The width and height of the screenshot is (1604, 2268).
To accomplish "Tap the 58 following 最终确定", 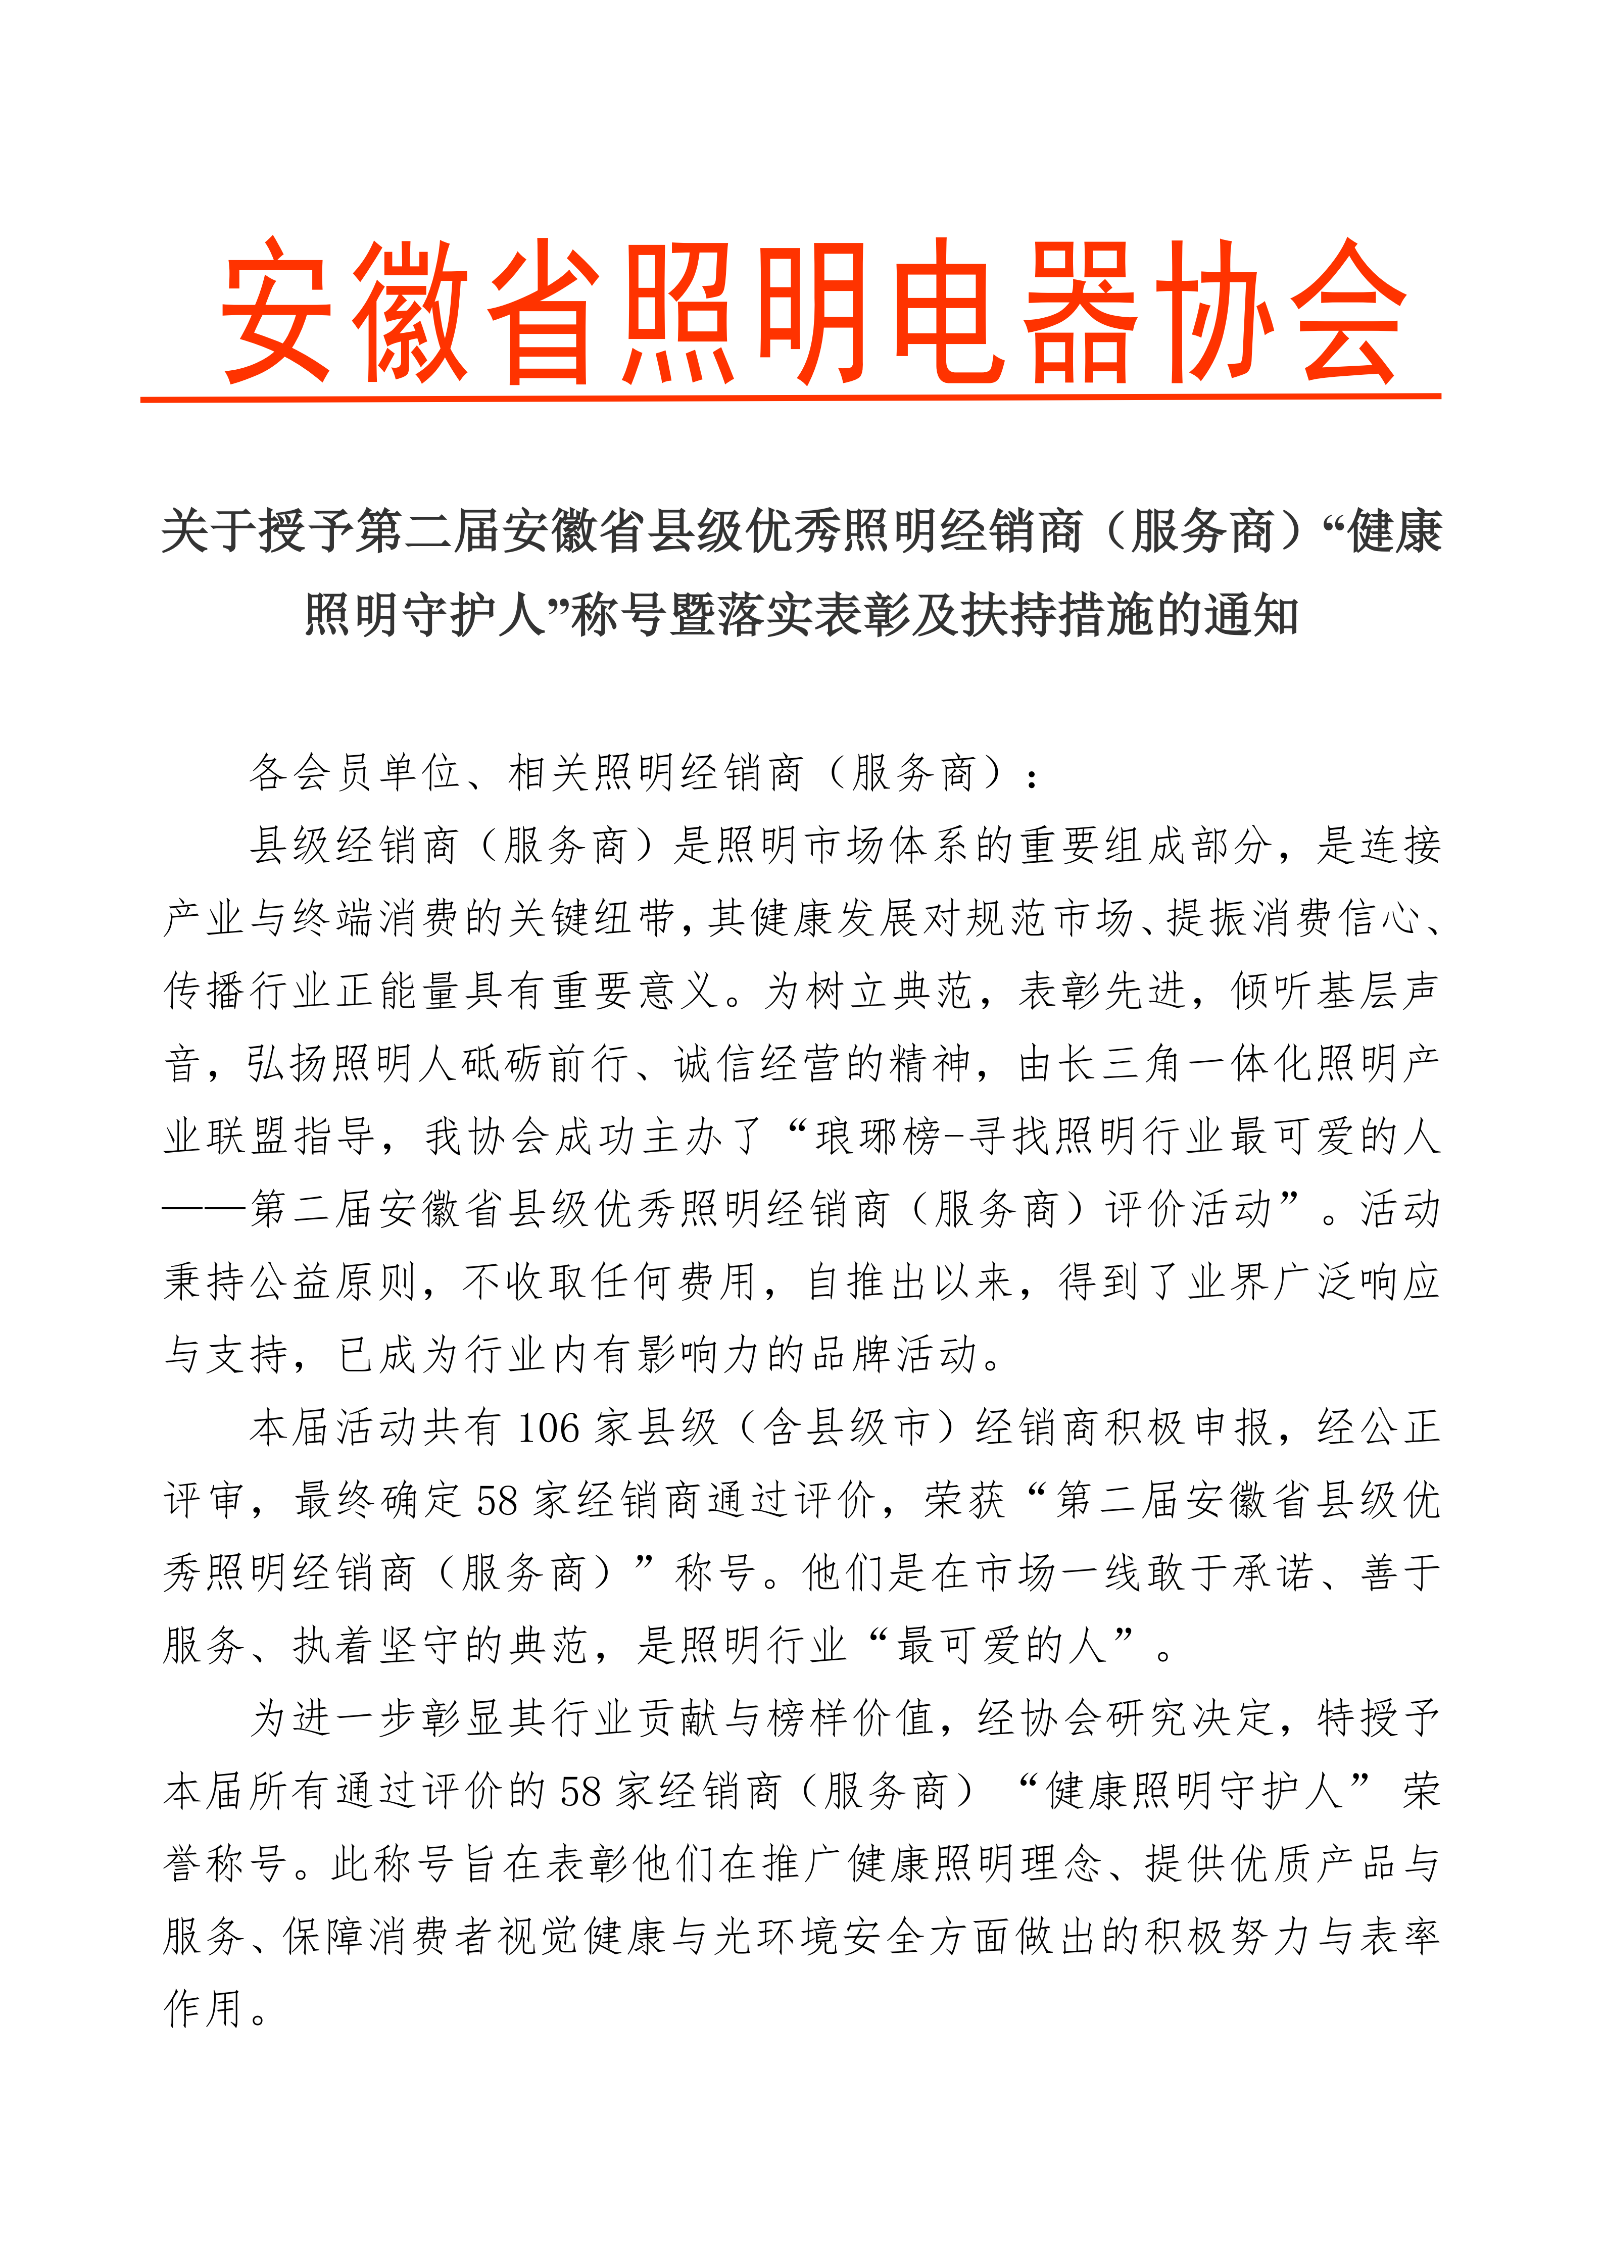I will coord(497,1501).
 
